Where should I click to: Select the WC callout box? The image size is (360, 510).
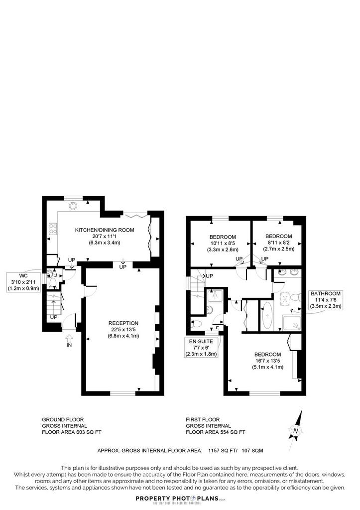23,282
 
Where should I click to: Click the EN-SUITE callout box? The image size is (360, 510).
201,347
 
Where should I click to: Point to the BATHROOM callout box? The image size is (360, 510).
326,300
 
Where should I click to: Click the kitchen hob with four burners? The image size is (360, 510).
53,229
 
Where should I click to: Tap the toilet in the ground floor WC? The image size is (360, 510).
52,282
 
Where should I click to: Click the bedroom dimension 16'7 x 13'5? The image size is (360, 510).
267,361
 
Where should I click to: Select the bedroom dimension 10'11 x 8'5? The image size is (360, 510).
223,243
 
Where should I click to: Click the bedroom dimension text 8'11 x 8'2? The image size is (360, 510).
279,243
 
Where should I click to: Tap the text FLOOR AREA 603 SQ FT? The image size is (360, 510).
72,432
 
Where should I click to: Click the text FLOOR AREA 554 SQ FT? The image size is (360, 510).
216,432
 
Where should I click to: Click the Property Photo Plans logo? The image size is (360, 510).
180,499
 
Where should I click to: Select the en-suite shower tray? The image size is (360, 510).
215,295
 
